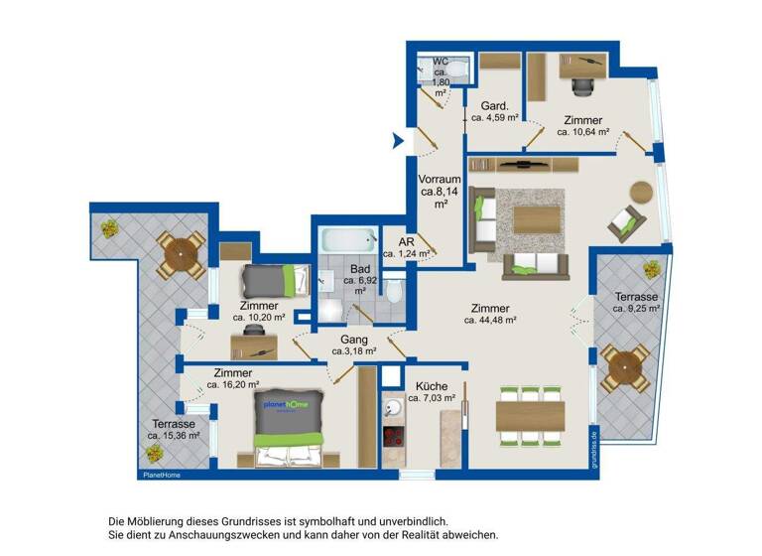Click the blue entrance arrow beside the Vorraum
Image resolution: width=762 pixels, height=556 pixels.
(399, 140)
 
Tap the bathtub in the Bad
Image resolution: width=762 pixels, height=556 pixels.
(348, 239)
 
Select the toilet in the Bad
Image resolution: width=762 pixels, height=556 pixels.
(395, 292)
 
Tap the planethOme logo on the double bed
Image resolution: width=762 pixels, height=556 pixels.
(286, 406)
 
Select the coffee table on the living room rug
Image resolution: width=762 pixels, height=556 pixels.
(537, 218)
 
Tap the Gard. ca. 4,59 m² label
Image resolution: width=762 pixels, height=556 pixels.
(495, 111)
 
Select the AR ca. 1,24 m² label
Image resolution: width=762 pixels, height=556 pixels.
(406, 247)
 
